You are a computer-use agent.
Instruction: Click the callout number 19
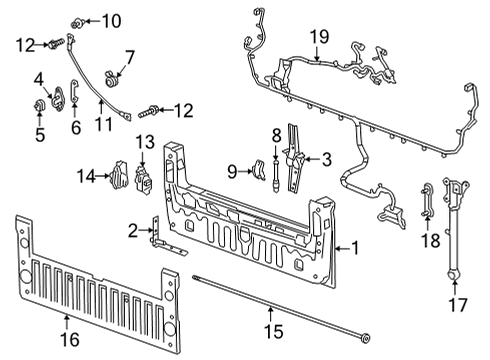click(318, 37)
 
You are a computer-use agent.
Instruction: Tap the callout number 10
click(110, 20)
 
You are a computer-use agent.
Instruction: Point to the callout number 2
click(133, 231)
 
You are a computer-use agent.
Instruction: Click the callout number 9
click(232, 171)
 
